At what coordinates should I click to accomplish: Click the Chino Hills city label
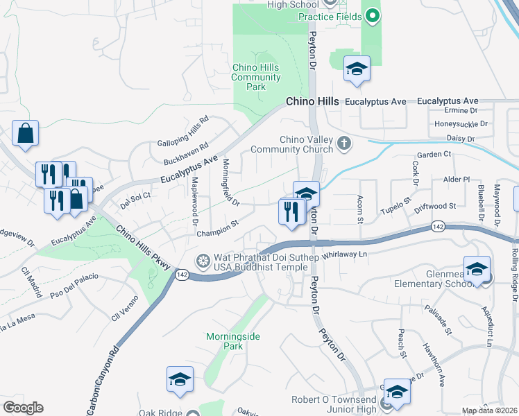pyautogui.click(x=313, y=101)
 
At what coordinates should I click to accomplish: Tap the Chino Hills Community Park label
pyautogui.click(x=256, y=78)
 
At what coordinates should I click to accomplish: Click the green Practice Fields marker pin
pyautogui.click(x=373, y=15)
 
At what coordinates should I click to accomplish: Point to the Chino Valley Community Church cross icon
pyautogui.click(x=343, y=144)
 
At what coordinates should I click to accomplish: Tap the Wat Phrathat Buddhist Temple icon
pyautogui.click(x=203, y=261)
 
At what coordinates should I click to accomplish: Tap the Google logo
pyautogui.click(x=23, y=408)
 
